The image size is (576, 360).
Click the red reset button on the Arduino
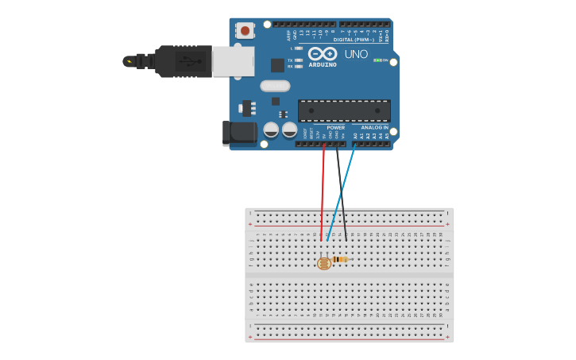(245, 31)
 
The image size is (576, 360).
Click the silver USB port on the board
(234, 61)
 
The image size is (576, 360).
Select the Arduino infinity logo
(323, 54)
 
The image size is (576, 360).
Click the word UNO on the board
(356, 54)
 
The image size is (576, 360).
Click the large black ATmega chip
(343, 110)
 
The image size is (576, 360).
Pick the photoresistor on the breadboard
(323, 263)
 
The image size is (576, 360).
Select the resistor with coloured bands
(340, 259)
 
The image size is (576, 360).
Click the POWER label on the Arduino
(336, 127)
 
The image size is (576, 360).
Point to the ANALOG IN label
(374, 127)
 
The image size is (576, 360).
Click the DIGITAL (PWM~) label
(354, 39)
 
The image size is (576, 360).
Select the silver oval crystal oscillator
(275, 86)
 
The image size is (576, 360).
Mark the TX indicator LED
(298, 60)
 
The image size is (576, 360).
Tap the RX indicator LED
(298, 67)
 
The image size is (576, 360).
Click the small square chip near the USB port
(277, 65)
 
